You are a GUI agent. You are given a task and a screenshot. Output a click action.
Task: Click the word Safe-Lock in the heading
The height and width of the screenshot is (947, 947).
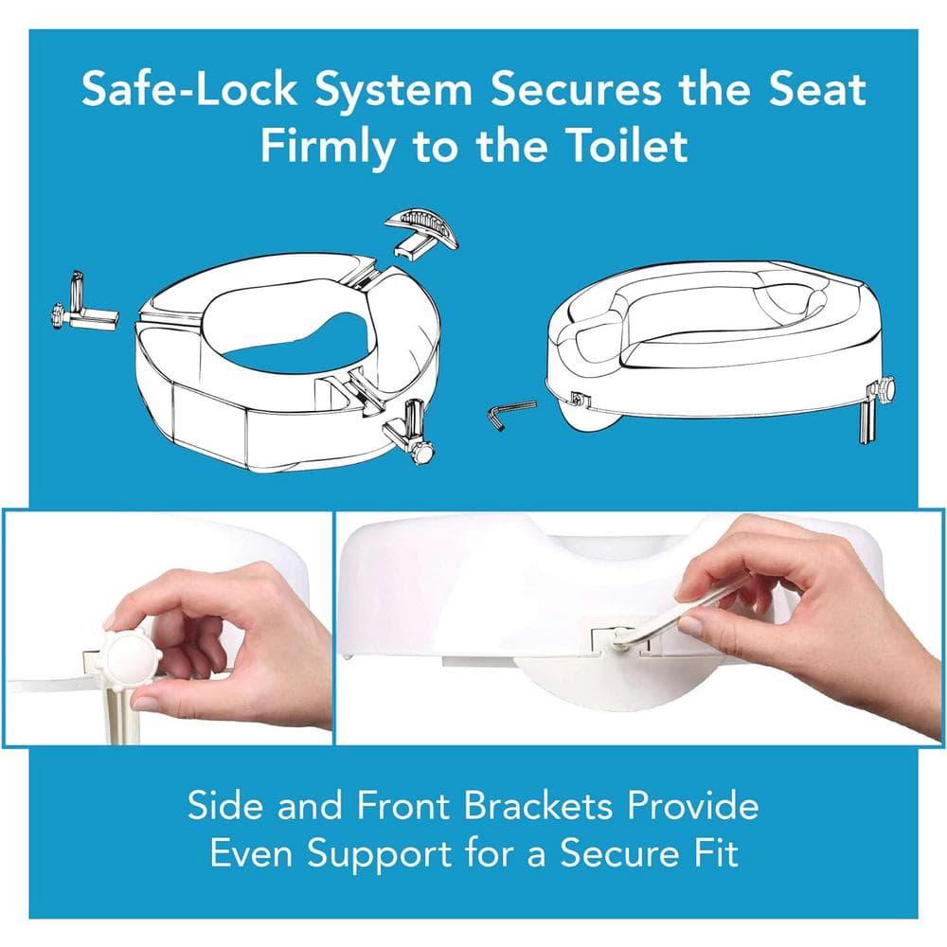coord(188,90)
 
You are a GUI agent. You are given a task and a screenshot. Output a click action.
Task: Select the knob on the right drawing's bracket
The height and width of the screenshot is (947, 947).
coord(885,388)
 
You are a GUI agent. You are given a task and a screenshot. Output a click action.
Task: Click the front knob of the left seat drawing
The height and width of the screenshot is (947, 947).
coord(422,452)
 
